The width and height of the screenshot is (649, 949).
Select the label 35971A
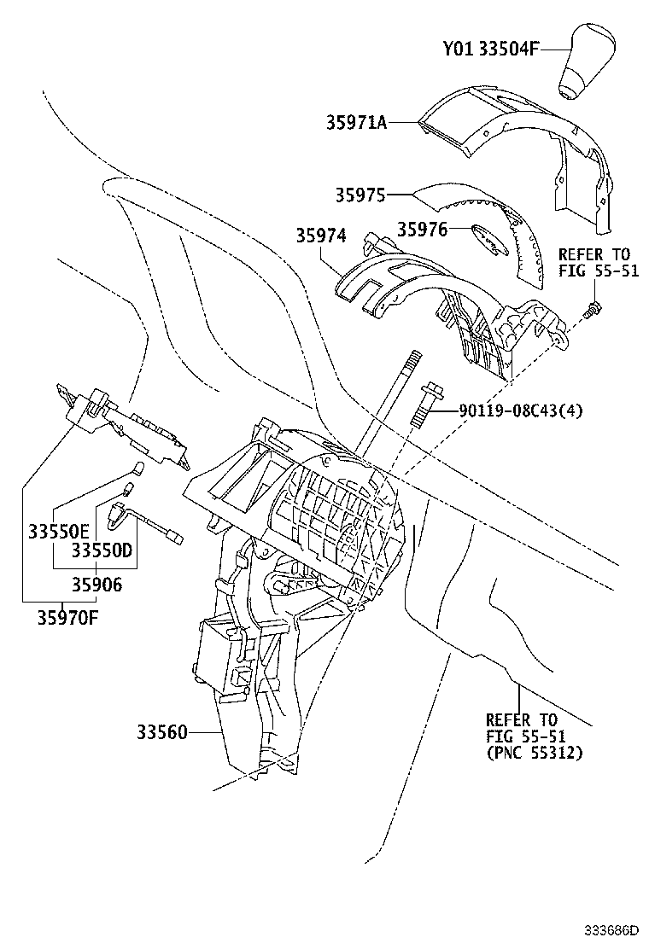coord(356,123)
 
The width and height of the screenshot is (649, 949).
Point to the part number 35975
coord(360,195)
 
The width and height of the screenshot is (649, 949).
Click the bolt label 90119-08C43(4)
coord(521,411)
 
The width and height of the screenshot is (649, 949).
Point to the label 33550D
coord(102,550)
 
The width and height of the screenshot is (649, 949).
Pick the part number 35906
coord(96,585)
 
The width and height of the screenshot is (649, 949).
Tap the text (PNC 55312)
coord(534,753)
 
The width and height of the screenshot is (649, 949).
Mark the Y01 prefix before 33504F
coord(457,49)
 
